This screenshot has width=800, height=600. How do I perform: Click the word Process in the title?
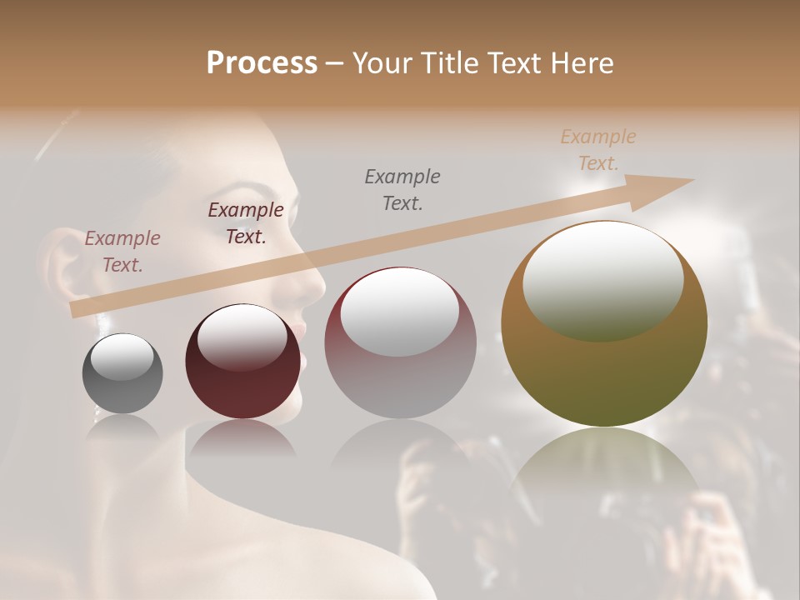pos(262,63)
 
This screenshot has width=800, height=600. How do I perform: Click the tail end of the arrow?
pos(73,310)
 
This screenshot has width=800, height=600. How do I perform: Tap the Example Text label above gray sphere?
pos(122,252)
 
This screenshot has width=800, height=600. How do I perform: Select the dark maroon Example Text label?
pos(246,223)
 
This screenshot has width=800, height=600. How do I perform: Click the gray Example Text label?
pos(402,189)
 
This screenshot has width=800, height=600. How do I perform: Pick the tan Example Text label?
pos(598,149)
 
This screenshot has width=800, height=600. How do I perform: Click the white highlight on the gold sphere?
pos(602,279)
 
